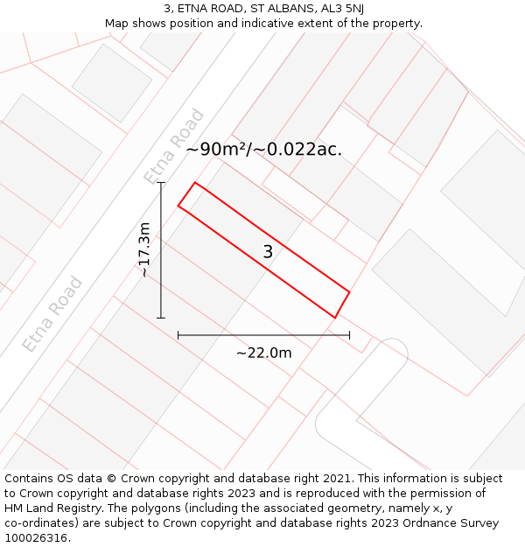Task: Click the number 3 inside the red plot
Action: tap(268, 252)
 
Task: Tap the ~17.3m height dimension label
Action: tap(144, 250)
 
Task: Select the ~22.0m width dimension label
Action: tap(263, 353)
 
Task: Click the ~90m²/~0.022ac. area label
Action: tap(263, 150)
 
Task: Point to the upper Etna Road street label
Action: tap(174, 146)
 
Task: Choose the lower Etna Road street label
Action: tap(52, 314)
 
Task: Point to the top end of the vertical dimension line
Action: tap(161, 183)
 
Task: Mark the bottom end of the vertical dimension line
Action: tap(161, 318)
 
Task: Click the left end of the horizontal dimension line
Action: tap(178, 334)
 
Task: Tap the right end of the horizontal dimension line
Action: tap(349, 334)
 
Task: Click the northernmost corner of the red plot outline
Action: tap(194, 183)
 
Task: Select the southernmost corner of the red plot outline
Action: tap(334, 318)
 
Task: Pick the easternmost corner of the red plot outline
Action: tap(349, 291)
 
